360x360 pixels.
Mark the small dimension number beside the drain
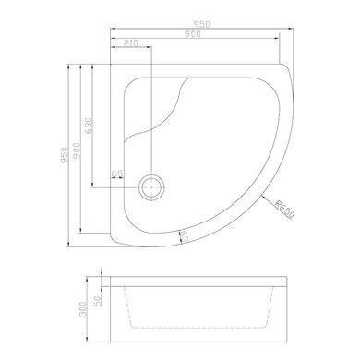coord(117,174)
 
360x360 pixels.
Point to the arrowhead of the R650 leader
coord(266,197)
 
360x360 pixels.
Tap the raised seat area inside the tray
coord(157,111)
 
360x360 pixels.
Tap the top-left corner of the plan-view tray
coord(108,64)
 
